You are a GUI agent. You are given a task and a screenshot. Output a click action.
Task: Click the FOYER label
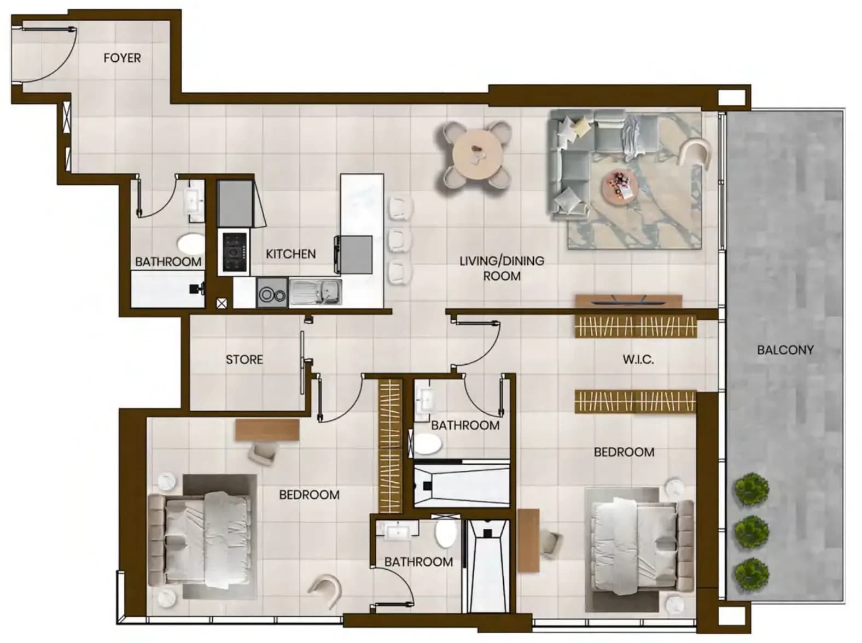[x=122, y=58]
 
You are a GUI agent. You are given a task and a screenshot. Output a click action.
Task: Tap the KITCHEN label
[x=290, y=254]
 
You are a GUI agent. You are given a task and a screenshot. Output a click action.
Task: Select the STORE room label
[x=244, y=360]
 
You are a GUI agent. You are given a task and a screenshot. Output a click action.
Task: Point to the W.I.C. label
[x=638, y=359]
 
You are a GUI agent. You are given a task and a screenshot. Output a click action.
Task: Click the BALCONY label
[x=785, y=350]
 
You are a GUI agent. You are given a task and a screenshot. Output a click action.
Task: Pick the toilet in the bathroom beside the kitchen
[x=191, y=243]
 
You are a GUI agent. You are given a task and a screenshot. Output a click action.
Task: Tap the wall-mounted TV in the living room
[x=629, y=301]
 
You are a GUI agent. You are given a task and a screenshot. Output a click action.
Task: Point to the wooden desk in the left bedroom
[x=267, y=429]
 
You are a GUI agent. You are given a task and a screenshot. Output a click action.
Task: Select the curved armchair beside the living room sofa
[x=696, y=151]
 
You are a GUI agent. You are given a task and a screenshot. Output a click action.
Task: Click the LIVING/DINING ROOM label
[x=502, y=268]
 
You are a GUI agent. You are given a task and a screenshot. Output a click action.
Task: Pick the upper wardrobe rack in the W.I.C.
[x=636, y=326]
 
